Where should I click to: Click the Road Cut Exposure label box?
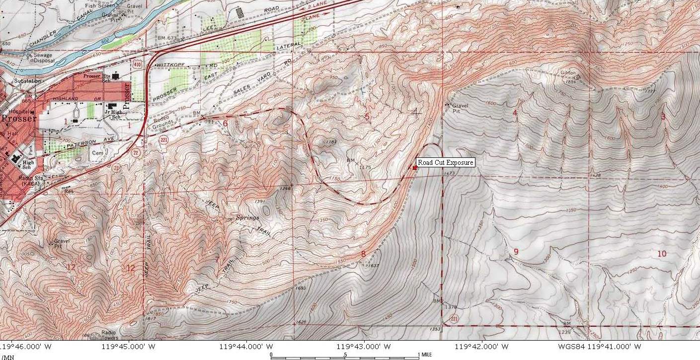click(x=445, y=162)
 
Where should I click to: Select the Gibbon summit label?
click(x=568, y=73)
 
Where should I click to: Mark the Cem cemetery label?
click(x=97, y=153)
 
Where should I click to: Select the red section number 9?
click(x=516, y=252)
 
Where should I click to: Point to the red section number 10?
click(x=662, y=253)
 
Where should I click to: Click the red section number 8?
click(x=363, y=254)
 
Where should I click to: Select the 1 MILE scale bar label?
click(x=427, y=355)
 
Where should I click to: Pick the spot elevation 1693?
click(x=300, y=288)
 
